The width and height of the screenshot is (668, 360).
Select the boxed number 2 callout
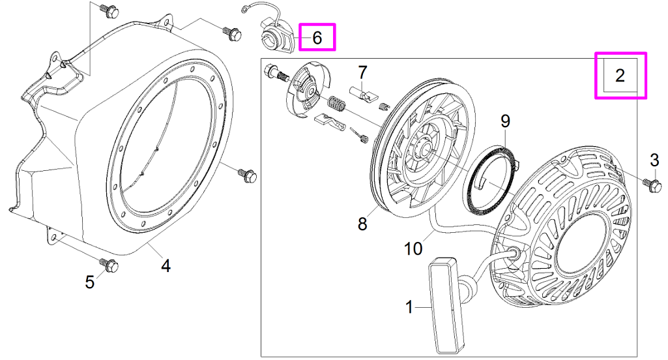(620, 76)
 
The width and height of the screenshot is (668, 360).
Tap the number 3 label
(654, 160)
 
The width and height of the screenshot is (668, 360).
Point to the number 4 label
(166, 266)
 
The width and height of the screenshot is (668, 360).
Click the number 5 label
(90, 282)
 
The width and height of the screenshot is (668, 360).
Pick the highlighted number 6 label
(317, 38)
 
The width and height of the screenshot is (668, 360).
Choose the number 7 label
(362, 71)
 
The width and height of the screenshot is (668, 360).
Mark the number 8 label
(362, 224)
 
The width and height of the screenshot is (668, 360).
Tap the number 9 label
(505, 121)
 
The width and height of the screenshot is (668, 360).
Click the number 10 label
(414, 248)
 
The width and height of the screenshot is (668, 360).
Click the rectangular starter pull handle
(444, 304)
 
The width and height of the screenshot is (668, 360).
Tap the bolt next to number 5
(108, 265)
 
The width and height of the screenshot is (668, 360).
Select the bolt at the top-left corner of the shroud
(109, 10)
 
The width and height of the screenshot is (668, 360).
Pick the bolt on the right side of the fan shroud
(248, 175)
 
